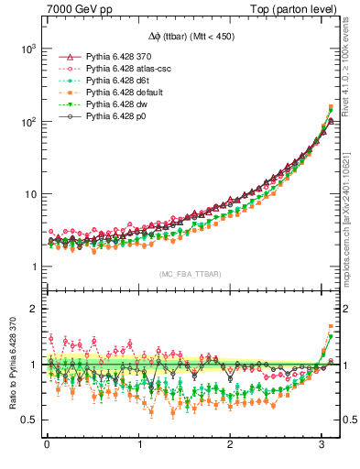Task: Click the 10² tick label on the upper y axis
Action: tap(25, 121)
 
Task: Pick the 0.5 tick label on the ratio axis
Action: tap(27, 420)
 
